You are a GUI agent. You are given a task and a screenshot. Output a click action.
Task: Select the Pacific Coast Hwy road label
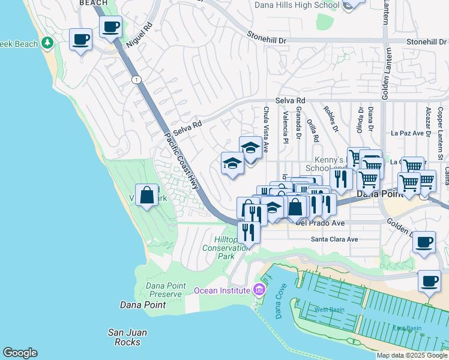click(x=181, y=161)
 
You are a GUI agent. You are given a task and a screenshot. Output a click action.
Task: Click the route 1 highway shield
click(x=136, y=80)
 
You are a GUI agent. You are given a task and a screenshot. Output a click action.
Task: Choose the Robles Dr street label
click(x=330, y=118)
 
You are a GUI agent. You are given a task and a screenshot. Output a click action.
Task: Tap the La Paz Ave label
click(x=408, y=133)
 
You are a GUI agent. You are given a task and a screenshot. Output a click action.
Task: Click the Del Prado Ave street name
click(x=321, y=223)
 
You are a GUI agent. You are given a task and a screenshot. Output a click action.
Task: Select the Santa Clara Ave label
click(x=334, y=239)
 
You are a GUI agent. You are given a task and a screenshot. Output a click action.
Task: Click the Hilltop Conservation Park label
click(x=218, y=247)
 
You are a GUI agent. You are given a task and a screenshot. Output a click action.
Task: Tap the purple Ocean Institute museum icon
click(x=259, y=290)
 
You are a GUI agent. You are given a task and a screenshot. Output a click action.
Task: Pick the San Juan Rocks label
click(x=127, y=337)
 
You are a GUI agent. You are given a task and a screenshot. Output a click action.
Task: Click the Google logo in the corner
click(x=20, y=353)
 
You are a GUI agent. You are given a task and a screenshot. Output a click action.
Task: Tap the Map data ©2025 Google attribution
click(x=412, y=355)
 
